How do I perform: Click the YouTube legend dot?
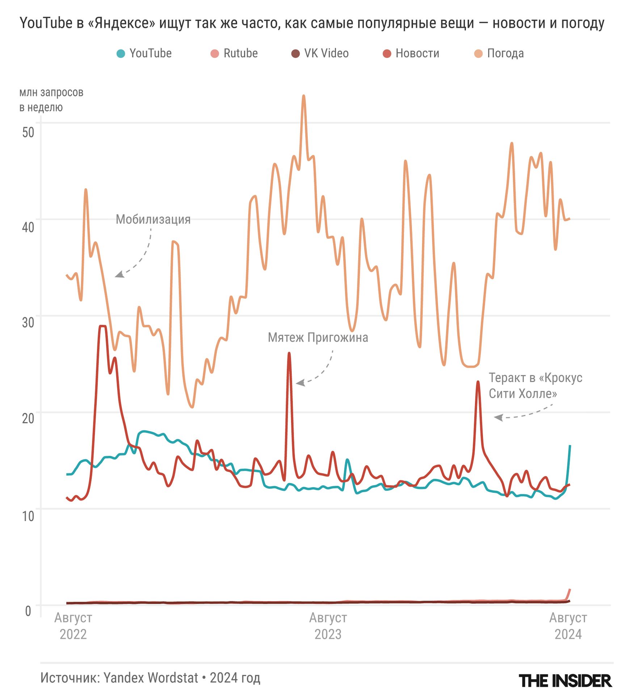(x=121, y=54)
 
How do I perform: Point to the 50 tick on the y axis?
(x=28, y=132)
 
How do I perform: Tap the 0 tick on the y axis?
(x=28, y=611)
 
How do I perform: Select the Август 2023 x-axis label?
(x=328, y=626)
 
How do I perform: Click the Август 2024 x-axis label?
(x=568, y=626)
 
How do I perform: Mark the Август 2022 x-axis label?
(x=73, y=626)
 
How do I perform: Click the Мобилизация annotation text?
(x=153, y=219)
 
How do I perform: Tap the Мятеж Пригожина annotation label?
(x=318, y=337)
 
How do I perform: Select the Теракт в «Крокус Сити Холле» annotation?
(x=535, y=386)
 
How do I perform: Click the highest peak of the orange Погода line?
(x=304, y=96)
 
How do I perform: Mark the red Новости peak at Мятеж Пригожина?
(x=289, y=353)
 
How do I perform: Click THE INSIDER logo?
(x=565, y=681)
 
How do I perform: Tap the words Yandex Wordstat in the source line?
(x=151, y=678)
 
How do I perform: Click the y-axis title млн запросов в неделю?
(x=51, y=100)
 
